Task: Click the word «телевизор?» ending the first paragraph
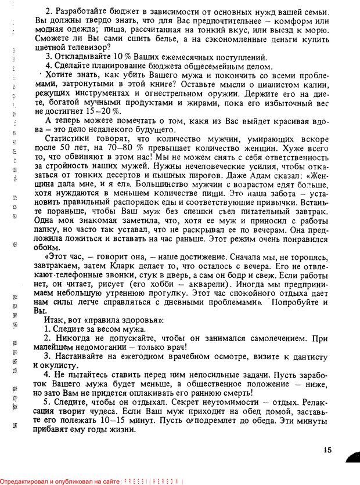coord(88,47)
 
